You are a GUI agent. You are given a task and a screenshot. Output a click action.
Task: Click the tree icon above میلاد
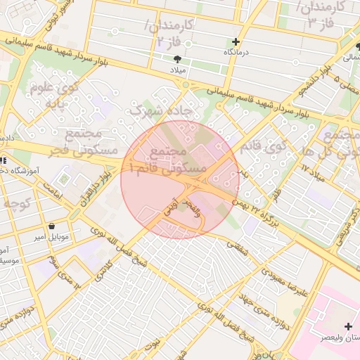pyautogui.click(x=177, y=59)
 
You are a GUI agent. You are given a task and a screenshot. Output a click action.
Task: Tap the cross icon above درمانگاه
pyautogui.click(x=236, y=41)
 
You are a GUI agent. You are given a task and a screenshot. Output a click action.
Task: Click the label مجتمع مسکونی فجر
pyautogui.click(x=83, y=140)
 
